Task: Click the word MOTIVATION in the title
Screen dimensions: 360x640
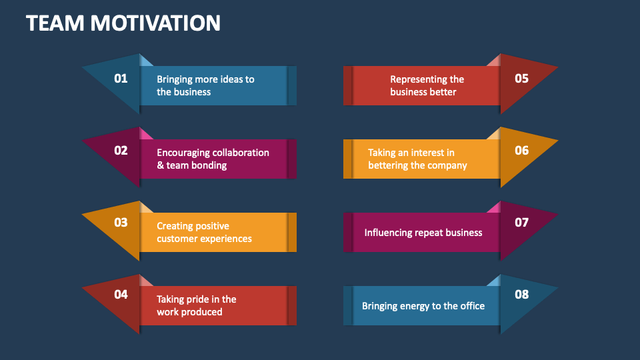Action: pos(155,23)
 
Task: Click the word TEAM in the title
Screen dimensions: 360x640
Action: pos(55,23)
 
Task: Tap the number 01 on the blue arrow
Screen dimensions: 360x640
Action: pos(121,79)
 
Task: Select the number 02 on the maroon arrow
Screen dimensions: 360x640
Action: pos(121,151)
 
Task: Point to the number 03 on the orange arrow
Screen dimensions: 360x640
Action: pos(121,223)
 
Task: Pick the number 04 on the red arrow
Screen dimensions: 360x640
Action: pos(121,294)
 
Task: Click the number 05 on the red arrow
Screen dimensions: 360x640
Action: pos(521,79)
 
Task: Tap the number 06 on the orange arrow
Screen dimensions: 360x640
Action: pos(521,151)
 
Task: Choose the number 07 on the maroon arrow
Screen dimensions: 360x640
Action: pos(521,223)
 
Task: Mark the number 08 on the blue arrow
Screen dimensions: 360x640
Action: pos(521,294)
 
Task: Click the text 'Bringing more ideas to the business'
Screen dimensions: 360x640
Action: pos(205,85)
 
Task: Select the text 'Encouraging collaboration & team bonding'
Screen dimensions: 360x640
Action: pos(213,159)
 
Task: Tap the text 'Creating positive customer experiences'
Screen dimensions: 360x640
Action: pos(204,232)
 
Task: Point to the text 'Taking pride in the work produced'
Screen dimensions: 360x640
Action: pos(196,305)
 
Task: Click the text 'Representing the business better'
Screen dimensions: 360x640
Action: pos(427,85)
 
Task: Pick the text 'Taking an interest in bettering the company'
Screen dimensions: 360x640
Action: pos(417,159)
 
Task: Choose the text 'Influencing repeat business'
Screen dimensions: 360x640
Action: pos(423,233)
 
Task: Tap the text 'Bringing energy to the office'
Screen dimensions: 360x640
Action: pos(423,306)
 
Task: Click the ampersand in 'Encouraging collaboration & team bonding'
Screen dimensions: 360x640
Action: pos(160,165)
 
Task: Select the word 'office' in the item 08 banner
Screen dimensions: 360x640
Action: pos(471,306)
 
